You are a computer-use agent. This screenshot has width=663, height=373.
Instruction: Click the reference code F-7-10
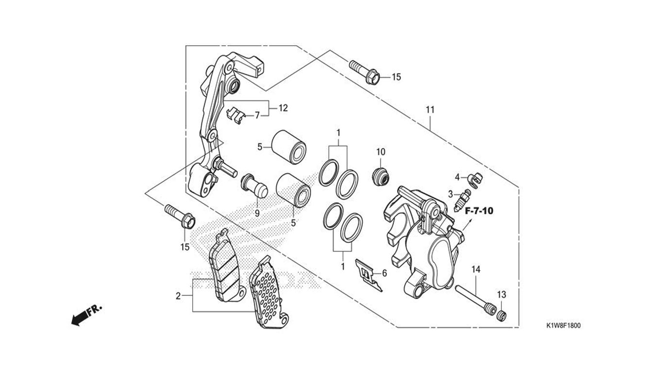coord(479,211)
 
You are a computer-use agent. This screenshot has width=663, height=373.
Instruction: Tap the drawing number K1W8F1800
coord(564,326)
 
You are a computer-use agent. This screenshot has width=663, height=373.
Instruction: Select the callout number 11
coord(430,110)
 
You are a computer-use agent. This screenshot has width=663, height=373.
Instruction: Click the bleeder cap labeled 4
coord(475,179)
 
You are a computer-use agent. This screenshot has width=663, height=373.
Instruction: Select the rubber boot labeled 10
coord(381,177)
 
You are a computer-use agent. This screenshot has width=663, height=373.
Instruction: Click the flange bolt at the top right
coord(364,72)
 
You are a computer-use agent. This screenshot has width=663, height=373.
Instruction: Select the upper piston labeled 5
coord(289,146)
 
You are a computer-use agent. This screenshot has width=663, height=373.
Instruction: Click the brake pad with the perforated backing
coord(268,294)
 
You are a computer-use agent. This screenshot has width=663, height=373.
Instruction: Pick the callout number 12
coord(283,108)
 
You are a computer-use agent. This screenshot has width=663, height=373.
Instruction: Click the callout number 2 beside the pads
coord(178,296)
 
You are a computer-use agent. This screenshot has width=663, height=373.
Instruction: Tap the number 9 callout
coord(257,213)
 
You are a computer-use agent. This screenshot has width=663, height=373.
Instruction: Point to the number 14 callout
coord(476,270)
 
